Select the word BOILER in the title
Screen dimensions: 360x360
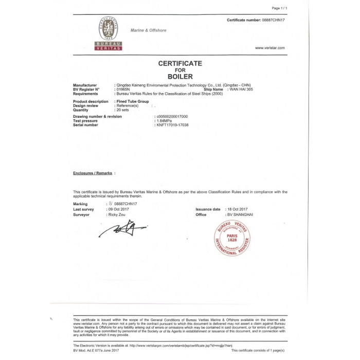[180, 76]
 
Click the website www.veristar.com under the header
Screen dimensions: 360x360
[269, 48]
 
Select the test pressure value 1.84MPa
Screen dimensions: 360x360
[165, 120]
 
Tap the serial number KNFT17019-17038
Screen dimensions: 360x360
[172, 124]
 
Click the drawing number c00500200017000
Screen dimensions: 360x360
[172, 117]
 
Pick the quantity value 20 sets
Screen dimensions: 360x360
[122, 110]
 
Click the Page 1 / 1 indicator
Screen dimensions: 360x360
[279, 8]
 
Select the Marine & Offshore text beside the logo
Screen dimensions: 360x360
[148, 30]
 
